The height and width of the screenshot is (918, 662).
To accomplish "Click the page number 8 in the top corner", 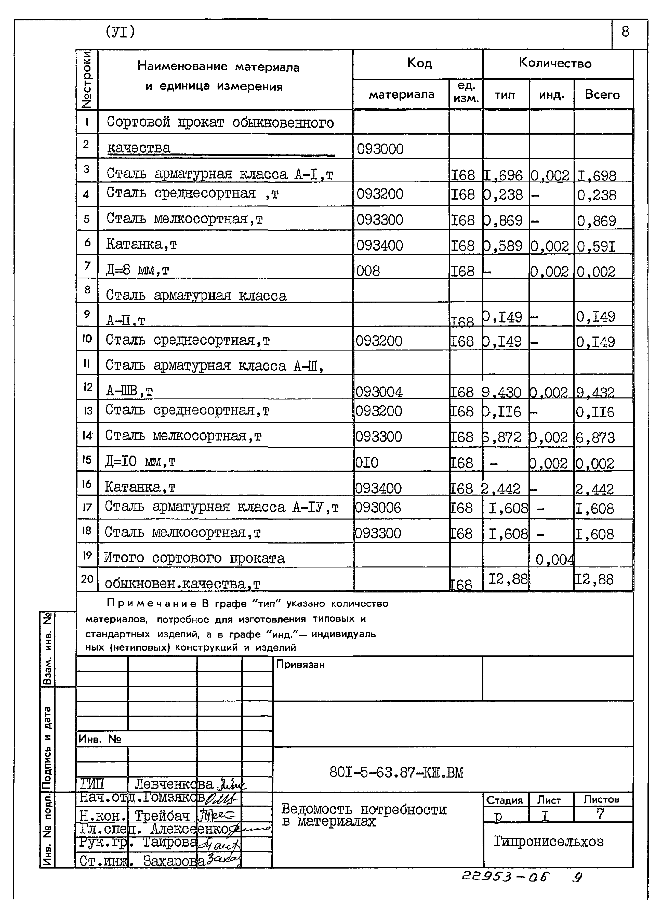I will coord(625,32).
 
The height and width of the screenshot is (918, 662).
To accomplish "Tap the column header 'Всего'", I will coord(602,95).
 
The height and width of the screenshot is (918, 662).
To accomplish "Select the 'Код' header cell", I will coord(419,63).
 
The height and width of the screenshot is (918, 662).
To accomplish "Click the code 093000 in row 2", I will coord(380,149).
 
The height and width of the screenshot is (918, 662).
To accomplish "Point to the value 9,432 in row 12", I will coord(595,392).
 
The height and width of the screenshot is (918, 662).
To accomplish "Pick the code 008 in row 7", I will coord(368,270).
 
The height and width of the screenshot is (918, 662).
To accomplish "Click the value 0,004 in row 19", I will coord(554,560).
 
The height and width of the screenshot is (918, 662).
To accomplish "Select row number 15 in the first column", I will coord(87,460).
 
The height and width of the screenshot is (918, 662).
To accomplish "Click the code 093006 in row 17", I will coord(378,508).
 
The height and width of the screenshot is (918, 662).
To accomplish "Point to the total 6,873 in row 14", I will coord(595,437).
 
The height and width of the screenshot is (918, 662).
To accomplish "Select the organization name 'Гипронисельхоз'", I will coord(548,842).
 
